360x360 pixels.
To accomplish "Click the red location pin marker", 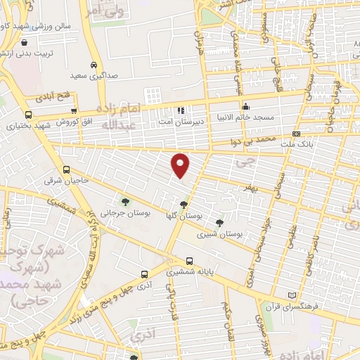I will [181, 165].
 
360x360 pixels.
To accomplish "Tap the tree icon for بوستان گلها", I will [184, 205].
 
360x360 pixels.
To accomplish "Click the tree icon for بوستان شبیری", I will [220, 223].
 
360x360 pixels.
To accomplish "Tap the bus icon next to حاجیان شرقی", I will [67, 169].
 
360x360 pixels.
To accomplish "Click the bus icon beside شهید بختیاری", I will [28, 115].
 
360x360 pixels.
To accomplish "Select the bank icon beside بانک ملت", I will [296, 134].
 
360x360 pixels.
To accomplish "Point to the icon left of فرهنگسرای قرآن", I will [292, 295].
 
